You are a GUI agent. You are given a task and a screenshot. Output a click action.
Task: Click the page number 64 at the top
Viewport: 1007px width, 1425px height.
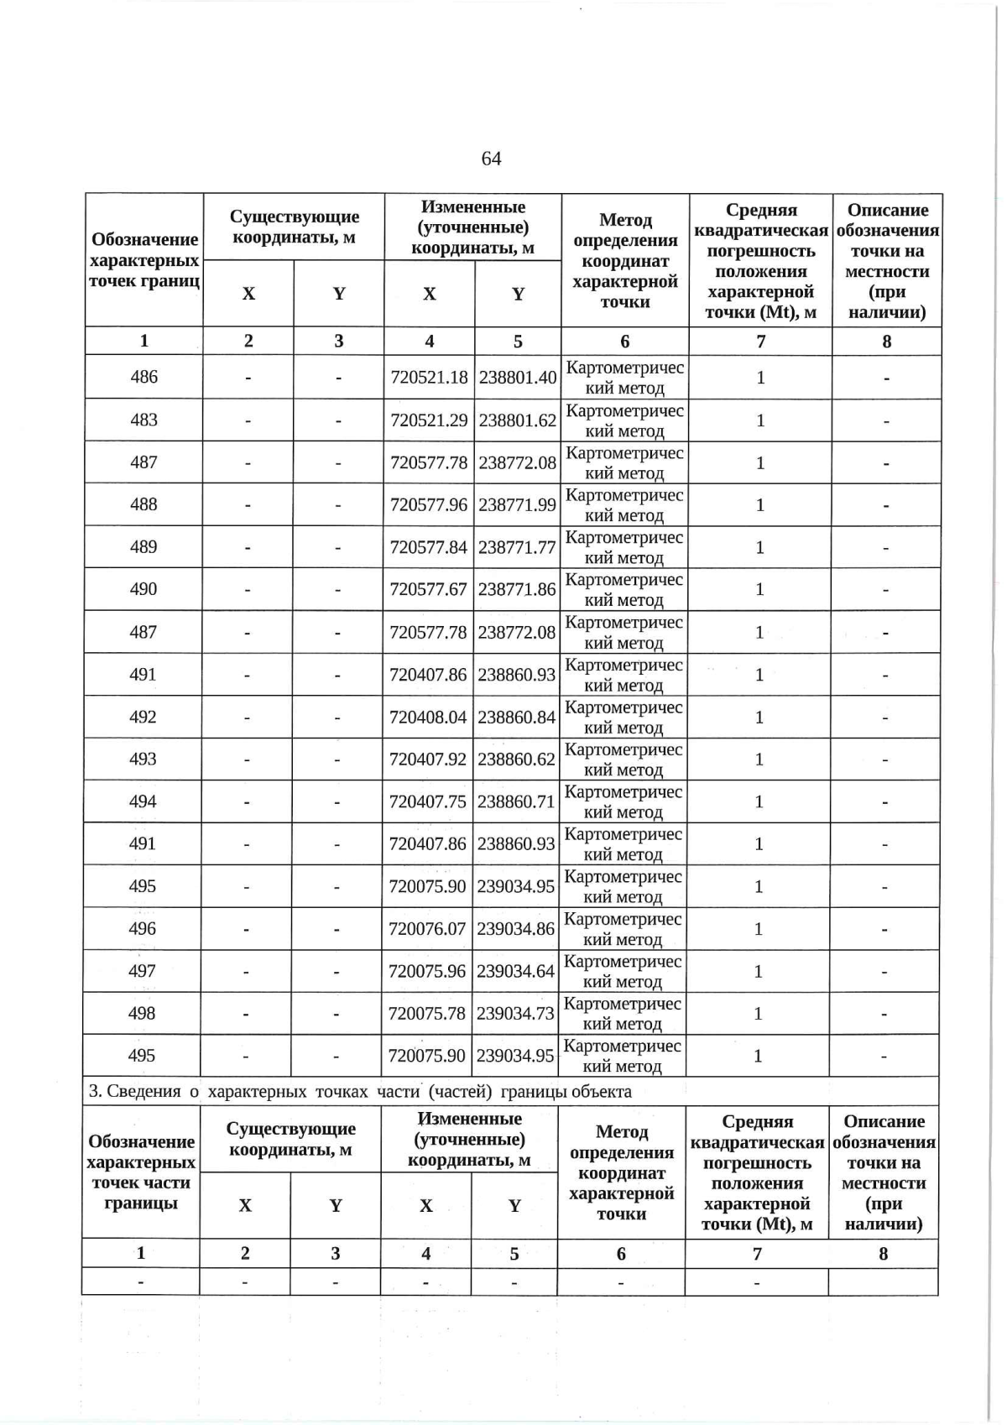pos(491,159)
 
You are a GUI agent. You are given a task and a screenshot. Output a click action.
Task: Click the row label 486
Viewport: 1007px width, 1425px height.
pos(143,377)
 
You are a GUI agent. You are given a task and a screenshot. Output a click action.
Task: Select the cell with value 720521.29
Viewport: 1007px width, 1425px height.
pos(429,420)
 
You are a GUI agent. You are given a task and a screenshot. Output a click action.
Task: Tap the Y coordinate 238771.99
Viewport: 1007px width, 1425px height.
pos(517,504)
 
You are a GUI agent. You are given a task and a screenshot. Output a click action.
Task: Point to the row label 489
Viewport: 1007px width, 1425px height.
pos(143,547)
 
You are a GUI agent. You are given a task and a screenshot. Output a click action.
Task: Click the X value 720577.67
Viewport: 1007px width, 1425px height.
pos(428,589)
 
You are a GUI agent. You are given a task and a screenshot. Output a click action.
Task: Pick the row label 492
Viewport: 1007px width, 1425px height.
pos(143,717)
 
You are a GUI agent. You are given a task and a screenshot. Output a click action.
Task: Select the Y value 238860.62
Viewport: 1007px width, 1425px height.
pos(516,759)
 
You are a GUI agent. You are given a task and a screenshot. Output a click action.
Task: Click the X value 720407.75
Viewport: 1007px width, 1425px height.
pos(427,801)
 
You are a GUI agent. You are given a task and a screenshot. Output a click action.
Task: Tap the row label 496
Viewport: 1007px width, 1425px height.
pos(142,928)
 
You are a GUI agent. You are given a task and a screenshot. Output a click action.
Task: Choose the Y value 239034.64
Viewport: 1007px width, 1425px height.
pos(515,971)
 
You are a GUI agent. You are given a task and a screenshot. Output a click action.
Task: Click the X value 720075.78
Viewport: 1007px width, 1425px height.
pos(426,1013)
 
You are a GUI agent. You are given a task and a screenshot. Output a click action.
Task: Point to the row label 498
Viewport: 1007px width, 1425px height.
pos(142,1013)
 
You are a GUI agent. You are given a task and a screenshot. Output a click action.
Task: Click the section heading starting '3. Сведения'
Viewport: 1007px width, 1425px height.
pos(360,1091)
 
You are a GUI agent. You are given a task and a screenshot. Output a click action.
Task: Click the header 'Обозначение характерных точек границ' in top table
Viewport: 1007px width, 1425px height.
pos(143,260)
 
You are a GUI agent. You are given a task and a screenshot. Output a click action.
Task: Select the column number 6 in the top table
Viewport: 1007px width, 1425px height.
pos(624,341)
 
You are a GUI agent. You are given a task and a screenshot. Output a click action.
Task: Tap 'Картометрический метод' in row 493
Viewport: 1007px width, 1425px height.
pos(623,759)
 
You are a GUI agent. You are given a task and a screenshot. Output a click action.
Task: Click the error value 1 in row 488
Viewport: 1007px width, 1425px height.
pos(759,504)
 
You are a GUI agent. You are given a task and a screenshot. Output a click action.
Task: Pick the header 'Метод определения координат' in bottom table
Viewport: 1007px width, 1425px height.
pos(621,1172)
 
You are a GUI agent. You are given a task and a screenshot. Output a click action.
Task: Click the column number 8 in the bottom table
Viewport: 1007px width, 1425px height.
pos(883,1253)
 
